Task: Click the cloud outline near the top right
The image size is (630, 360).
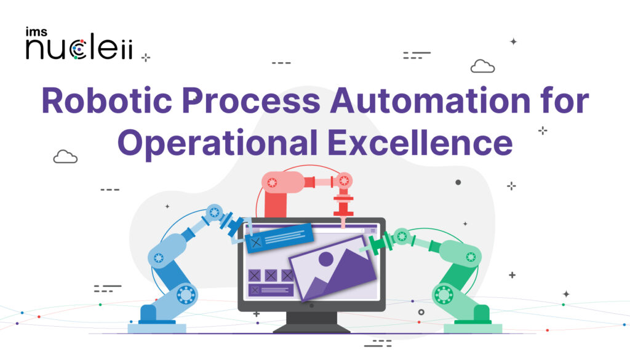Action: pyautogui.click(x=482, y=66)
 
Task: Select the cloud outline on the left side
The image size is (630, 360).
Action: pyautogui.click(x=65, y=157)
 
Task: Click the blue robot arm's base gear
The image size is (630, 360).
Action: pyautogui.click(x=185, y=295)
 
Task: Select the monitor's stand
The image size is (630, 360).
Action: pyautogui.click(x=311, y=319)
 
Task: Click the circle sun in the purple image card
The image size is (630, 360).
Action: pyautogui.click(x=325, y=259)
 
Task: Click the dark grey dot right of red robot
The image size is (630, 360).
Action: pyautogui.click(x=458, y=182)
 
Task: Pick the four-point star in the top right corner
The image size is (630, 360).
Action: pyautogui.click(x=513, y=42)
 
